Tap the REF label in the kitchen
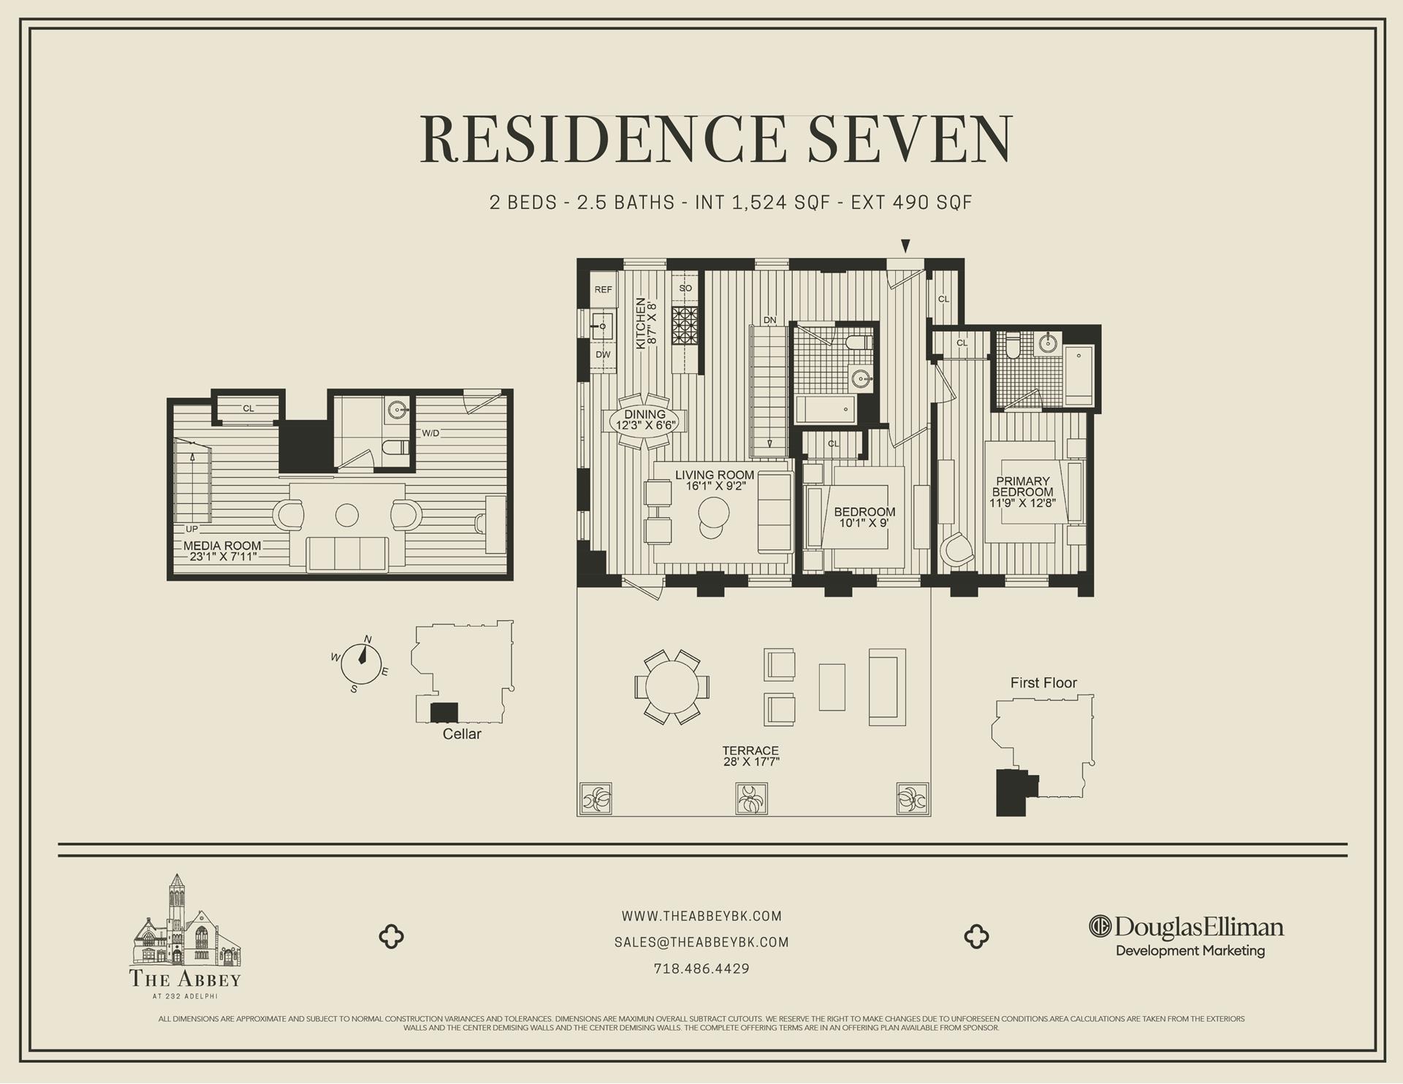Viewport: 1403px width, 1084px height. pos(603,289)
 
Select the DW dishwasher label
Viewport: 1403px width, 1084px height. pos(603,354)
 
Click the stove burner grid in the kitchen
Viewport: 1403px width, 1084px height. pos(685,325)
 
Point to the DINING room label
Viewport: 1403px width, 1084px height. pos(645,414)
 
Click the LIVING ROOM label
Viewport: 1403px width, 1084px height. pos(715,476)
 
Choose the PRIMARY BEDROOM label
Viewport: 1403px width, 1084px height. pos(1022,486)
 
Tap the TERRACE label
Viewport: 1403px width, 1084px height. pos(750,750)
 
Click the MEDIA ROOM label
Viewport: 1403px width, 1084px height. pos(222,546)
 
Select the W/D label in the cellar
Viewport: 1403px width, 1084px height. pos(430,433)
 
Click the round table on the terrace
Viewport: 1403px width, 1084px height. pos(672,687)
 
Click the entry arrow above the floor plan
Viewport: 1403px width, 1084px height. pos(905,246)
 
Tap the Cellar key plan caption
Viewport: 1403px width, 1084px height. pos(462,734)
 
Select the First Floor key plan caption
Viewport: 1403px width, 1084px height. pos(1043,683)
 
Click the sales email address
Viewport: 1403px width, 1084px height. pos(701,942)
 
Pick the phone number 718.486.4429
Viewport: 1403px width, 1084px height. pos(701,969)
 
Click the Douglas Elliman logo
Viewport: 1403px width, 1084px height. pos(1186,928)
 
